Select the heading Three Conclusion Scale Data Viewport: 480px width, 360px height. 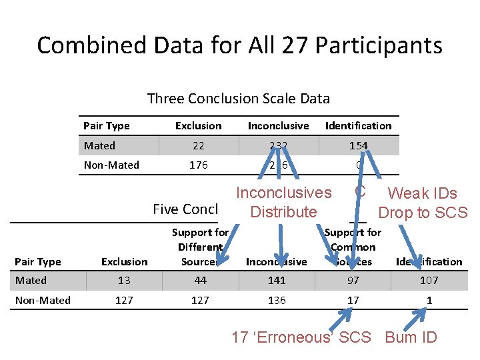238,99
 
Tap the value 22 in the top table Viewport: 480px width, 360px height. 198,145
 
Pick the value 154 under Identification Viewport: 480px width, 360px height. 358,145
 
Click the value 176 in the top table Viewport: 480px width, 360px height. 198,165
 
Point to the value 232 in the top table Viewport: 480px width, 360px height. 278,145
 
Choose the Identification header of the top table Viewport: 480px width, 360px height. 358,125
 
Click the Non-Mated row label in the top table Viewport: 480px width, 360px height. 111,165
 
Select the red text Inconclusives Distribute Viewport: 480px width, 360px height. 283,203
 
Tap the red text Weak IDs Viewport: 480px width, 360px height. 423,193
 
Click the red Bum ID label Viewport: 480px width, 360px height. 411,337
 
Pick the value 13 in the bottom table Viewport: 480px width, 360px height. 124,281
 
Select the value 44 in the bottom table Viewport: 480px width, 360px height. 200,281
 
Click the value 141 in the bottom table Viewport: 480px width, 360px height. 277,281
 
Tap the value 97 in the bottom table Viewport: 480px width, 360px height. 353,281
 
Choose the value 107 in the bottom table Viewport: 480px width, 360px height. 429,281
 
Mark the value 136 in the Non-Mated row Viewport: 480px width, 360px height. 277,300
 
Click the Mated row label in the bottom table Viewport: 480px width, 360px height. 31,281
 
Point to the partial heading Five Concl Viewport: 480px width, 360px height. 185,209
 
